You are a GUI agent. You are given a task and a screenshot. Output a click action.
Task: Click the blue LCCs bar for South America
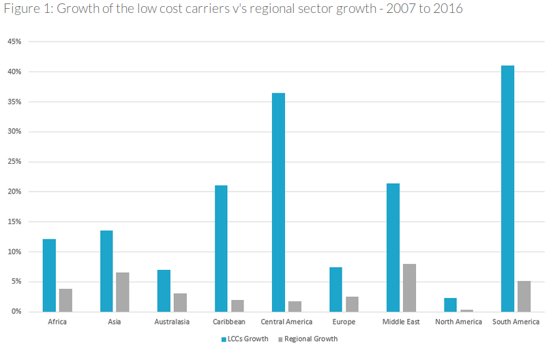point(507,189)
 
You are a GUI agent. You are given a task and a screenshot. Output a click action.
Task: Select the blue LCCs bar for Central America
point(278,202)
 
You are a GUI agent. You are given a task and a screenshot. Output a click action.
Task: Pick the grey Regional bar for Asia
point(123,292)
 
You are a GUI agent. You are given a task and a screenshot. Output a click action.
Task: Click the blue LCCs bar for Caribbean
point(221,248)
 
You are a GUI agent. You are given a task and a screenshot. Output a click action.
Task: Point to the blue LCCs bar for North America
point(450,305)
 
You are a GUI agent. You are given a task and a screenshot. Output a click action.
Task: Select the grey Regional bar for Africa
point(65,300)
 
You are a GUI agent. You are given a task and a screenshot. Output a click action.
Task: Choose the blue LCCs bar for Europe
point(335,289)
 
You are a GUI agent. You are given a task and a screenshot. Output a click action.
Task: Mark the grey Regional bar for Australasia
point(180,302)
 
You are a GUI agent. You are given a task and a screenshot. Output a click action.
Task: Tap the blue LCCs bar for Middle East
point(393,247)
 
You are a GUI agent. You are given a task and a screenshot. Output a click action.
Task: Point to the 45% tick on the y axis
point(15,42)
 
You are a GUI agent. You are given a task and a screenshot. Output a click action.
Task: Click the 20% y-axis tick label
point(15,192)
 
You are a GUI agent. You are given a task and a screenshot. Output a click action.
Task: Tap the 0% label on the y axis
point(17,312)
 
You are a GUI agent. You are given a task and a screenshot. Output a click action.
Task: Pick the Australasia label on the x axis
point(172,322)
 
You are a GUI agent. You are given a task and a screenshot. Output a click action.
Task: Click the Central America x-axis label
point(286,322)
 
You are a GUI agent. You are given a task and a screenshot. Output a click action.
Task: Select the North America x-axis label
point(458,322)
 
